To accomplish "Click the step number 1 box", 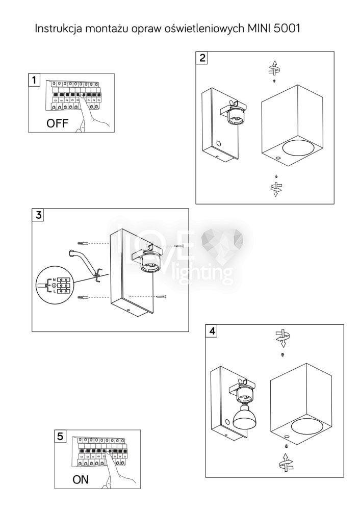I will pyautogui.click(x=34, y=80).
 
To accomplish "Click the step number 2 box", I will pyautogui.click(x=203, y=58).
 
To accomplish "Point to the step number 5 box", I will pyautogui.click(x=61, y=437).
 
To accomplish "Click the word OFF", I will pyautogui.click(x=57, y=123).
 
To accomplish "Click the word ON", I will pyautogui.click(x=81, y=479).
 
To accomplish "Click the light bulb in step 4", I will pyautogui.click(x=243, y=417).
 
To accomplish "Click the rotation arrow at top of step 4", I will pyautogui.click(x=282, y=337).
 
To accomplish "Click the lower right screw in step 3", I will pyautogui.click(x=162, y=296).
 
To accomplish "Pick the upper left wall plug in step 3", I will pyautogui.click(x=83, y=242).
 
